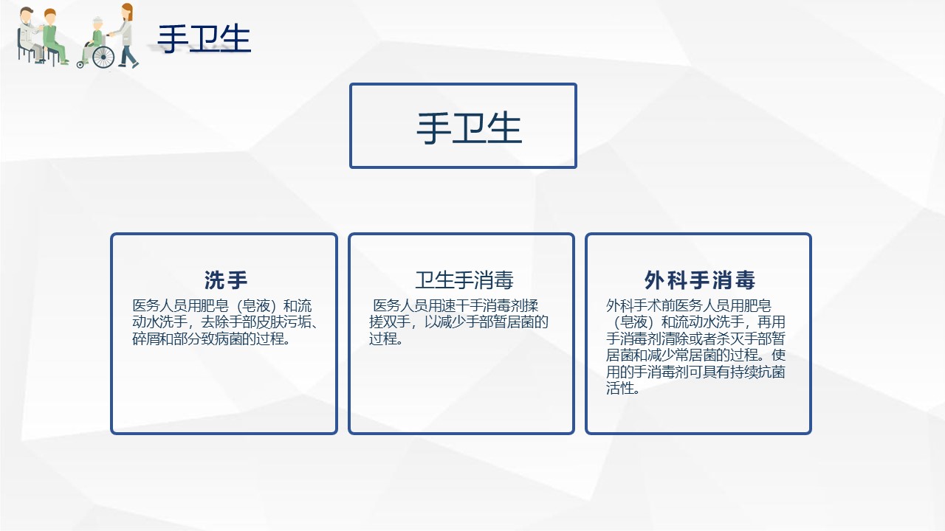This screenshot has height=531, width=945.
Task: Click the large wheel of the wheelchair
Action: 103,57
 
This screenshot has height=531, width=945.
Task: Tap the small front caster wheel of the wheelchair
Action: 80,64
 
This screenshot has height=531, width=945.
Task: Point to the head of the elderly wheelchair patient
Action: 97,23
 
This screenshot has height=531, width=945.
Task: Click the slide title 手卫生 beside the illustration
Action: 205,39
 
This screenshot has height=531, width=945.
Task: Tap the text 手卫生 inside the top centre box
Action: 469,128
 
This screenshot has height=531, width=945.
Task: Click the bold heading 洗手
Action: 226,280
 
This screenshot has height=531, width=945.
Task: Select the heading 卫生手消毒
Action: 464,280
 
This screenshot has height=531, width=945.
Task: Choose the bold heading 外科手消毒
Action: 699,280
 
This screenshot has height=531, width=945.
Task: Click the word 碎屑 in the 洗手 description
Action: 146,339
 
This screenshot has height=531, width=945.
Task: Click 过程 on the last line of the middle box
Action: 383,339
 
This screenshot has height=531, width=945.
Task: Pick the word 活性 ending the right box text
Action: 619,388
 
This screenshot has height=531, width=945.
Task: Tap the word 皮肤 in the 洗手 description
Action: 270,322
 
